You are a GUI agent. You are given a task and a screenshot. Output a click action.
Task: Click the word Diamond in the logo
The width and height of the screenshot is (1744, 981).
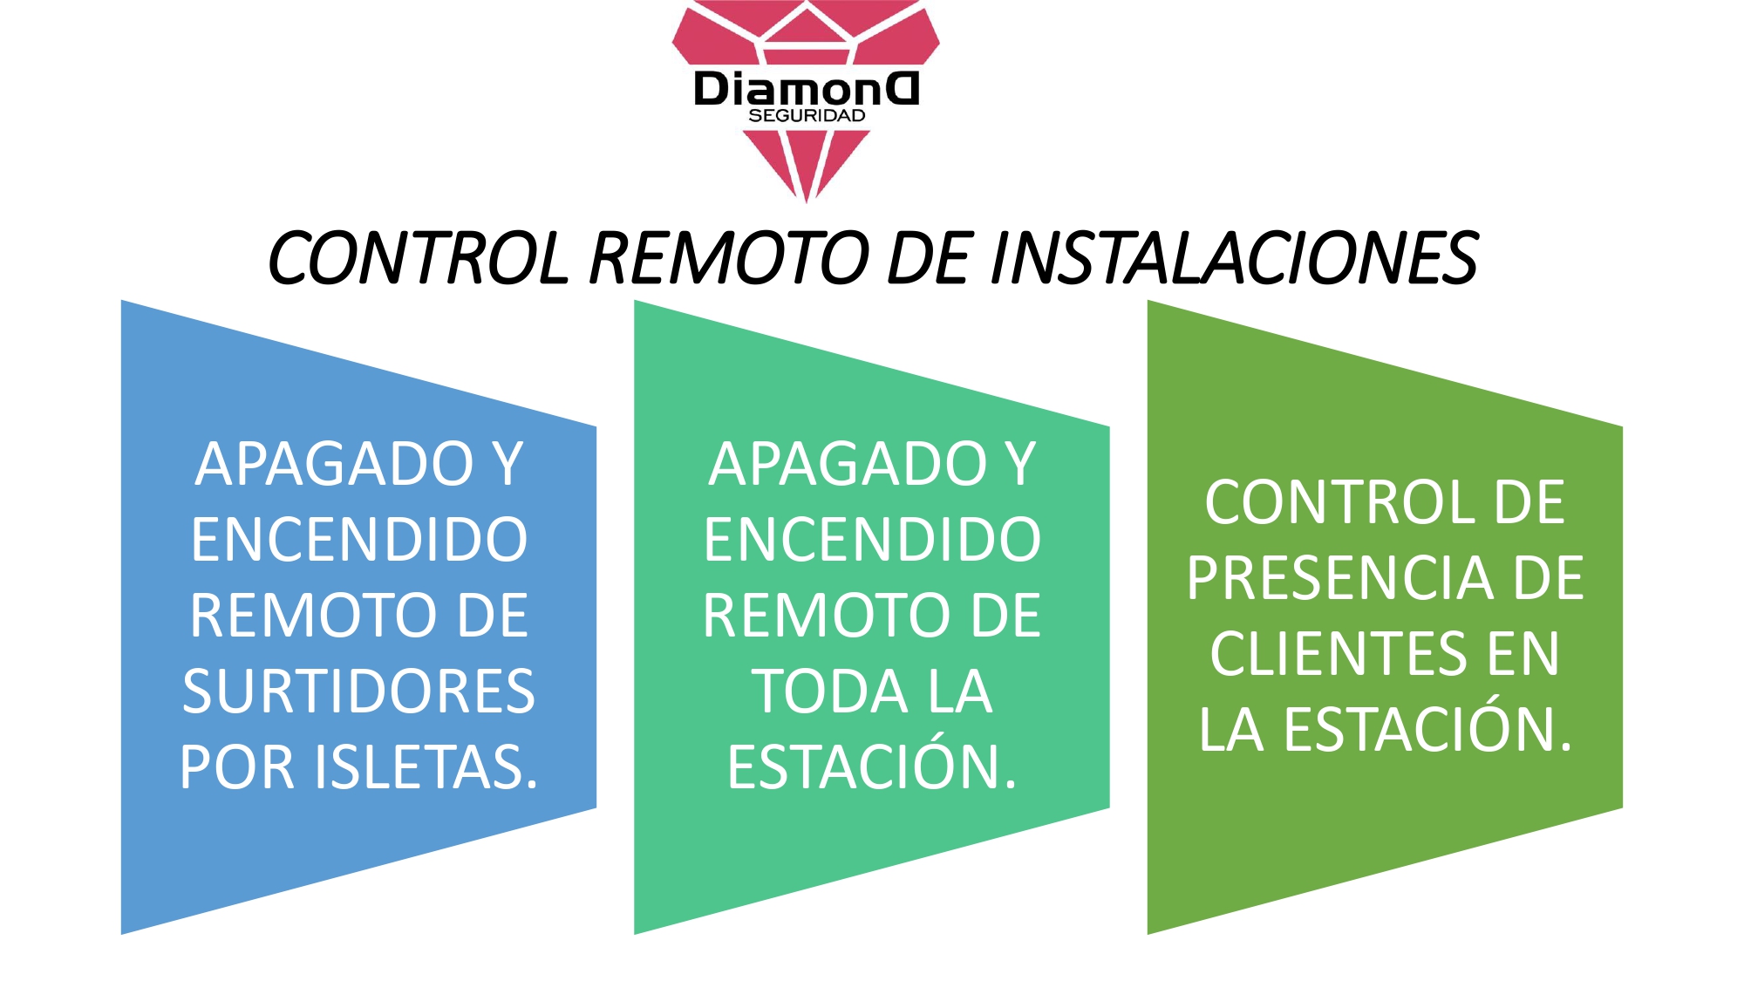807,89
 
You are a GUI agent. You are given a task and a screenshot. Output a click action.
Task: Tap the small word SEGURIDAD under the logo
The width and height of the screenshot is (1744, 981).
807,116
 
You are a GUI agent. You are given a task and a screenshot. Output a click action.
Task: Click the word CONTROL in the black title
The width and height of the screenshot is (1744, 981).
418,258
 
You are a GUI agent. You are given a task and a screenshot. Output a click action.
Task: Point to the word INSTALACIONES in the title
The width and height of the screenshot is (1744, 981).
1234,258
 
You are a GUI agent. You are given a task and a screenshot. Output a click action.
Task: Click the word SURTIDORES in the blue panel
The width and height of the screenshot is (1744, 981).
358,691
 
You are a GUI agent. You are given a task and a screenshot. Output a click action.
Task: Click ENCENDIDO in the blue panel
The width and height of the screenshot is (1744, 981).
358,540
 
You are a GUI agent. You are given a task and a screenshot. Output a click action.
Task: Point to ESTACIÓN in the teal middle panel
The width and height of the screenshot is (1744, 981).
872,767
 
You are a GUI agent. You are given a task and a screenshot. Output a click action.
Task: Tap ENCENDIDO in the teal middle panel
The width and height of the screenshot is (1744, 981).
872,540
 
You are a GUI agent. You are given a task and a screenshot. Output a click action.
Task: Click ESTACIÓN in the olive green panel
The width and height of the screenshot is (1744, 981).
1428,730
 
